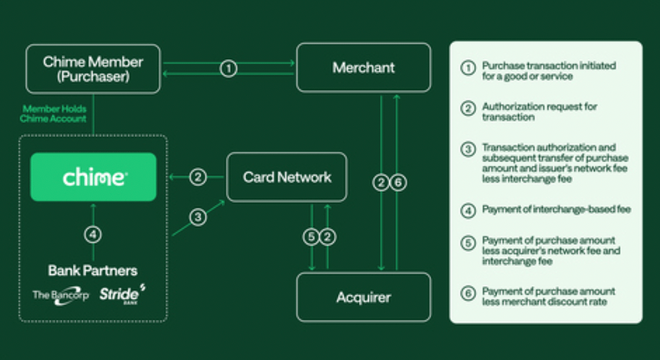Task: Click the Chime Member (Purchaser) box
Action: click(93, 68)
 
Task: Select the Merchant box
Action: click(363, 68)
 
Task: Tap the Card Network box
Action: click(287, 178)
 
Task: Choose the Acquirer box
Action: click(363, 298)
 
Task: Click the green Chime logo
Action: click(94, 178)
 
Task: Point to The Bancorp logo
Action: click(60, 295)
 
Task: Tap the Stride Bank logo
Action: click(122, 293)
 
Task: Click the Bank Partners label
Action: click(93, 271)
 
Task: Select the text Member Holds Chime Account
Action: click(54, 114)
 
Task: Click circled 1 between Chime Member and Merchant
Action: click(228, 68)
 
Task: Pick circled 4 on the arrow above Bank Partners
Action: click(93, 234)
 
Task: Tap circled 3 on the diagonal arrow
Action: click(197, 217)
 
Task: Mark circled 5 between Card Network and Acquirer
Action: click(311, 237)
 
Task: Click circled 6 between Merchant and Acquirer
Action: click(398, 182)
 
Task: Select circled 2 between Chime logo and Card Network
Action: click(197, 178)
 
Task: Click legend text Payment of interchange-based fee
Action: click(556, 210)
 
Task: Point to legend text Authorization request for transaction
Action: click(539, 112)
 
